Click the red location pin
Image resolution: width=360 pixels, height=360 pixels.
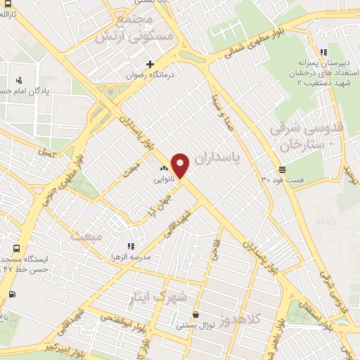(181, 165)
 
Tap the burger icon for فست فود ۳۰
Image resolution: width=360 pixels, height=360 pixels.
(282, 169)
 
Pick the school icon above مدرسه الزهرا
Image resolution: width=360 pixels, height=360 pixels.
(130, 246)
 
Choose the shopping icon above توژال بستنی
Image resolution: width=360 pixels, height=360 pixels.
(195, 315)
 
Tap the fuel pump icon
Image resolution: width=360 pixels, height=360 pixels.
(11, 294)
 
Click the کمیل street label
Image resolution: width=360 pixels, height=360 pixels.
(46, 151)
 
